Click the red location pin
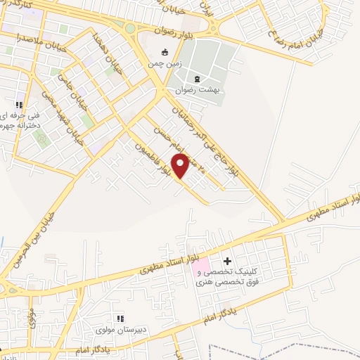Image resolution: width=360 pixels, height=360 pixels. coord(180,166)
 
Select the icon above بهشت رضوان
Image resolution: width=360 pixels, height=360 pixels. coord(198,77)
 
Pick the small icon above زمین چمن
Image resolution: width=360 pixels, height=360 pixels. coord(165,51)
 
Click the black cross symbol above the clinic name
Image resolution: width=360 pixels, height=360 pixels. coord(227,262)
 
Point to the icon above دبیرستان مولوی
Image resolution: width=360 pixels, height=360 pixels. coord(120,317)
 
